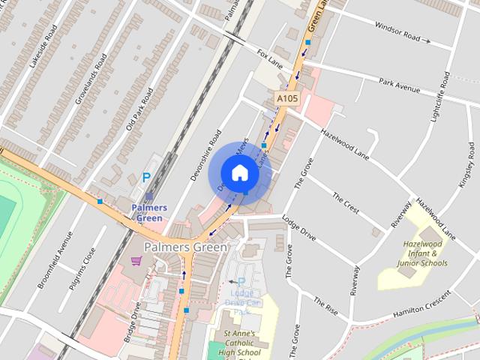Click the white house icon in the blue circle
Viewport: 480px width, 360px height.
(x=239, y=172)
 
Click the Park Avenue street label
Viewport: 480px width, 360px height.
(x=399, y=85)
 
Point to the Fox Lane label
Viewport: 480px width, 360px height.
(x=268, y=57)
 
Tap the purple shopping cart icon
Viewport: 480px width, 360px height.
(x=136, y=260)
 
